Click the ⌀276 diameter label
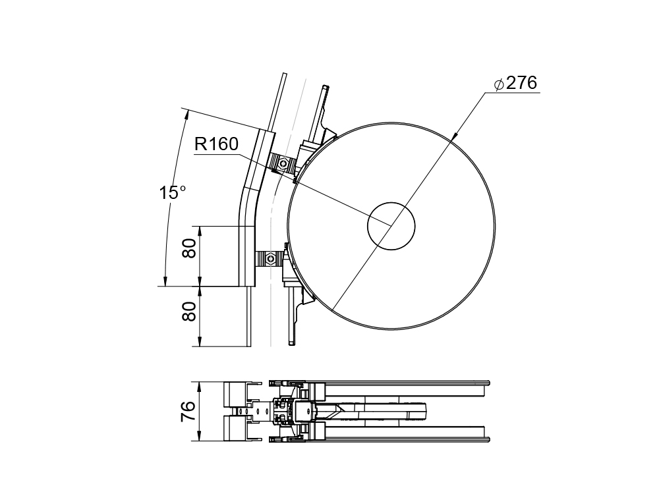coord(516,83)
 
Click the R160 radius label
coord(216,144)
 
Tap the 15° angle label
coord(172,193)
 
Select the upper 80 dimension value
coord(190,248)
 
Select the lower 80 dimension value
coord(190,312)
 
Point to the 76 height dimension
coord(188,411)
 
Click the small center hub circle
coord(391,226)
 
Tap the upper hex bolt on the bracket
coord(283,163)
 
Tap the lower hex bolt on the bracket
coord(270,258)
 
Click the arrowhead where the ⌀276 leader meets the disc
coord(453,137)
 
